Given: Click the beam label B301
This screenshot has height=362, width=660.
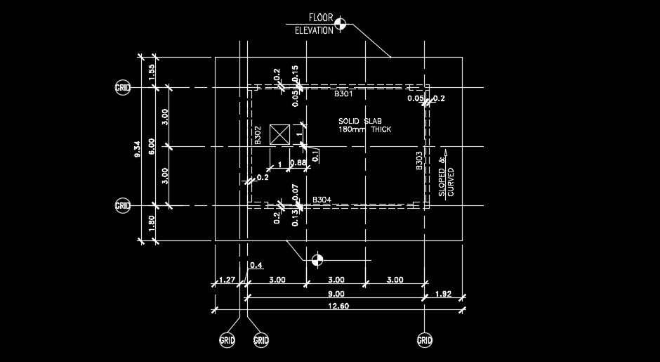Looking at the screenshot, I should pyautogui.click(x=343, y=93).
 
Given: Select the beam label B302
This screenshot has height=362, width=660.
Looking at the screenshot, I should pyautogui.click(x=258, y=135).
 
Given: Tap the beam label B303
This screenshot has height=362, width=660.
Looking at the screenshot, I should pyautogui.click(x=419, y=161).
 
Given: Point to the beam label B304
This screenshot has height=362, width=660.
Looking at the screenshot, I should pyautogui.click(x=322, y=200).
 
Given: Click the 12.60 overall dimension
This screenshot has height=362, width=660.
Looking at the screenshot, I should pyautogui.click(x=337, y=306).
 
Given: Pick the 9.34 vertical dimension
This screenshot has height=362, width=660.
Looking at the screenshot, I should pyautogui.click(x=137, y=148).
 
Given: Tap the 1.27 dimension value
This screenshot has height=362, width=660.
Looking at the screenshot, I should pyautogui.click(x=226, y=280).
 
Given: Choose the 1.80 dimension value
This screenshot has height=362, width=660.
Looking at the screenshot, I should pyautogui.click(x=152, y=224).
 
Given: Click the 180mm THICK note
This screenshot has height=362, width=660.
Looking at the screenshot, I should pyautogui.click(x=364, y=130).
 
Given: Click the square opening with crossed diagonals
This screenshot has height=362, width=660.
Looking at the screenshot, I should pyautogui.click(x=280, y=134).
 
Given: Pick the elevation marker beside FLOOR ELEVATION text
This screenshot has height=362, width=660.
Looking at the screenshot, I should pyautogui.click(x=341, y=25).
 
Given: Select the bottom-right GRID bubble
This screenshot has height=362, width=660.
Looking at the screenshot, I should pyautogui.click(x=425, y=341).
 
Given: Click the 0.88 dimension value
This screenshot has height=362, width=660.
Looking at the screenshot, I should pyautogui.click(x=298, y=163).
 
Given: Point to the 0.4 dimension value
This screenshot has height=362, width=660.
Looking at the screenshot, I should pyautogui.click(x=256, y=265).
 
